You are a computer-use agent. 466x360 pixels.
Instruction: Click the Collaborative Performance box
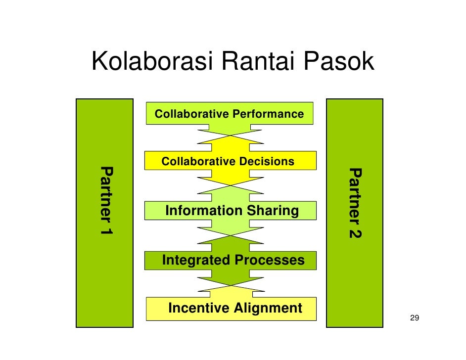tap(230, 113)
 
